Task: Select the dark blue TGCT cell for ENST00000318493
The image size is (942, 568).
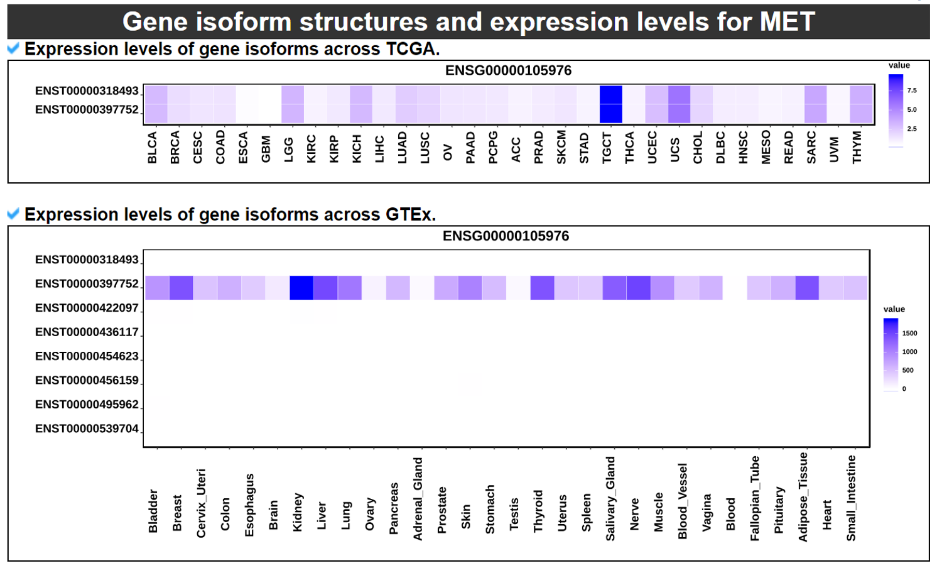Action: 610,95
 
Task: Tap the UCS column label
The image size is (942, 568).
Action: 675,150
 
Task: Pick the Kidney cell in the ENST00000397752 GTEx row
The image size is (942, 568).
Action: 301,288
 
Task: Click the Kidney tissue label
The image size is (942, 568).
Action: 298,513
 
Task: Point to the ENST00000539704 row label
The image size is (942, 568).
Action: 87,429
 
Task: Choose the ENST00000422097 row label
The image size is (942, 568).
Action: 87,308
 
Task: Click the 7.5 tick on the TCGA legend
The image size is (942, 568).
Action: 912,90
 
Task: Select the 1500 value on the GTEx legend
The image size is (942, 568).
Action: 909,333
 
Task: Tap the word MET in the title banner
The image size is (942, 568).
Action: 787,22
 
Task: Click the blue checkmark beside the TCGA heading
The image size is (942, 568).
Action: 13,48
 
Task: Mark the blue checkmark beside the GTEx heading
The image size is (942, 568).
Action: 13,214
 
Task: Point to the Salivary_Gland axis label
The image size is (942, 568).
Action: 610,499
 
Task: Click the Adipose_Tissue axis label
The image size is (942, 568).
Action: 803,497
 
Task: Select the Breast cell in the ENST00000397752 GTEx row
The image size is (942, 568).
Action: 181,288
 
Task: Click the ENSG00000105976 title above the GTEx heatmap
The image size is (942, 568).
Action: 506,236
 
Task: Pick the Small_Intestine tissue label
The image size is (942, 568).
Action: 851,498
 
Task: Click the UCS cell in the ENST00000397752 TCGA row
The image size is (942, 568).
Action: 679,114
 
